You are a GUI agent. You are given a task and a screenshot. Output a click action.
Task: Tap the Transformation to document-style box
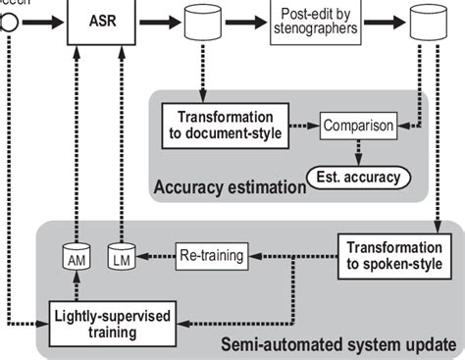225,126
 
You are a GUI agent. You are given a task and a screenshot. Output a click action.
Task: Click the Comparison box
359,127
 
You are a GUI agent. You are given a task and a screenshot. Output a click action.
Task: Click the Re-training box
212,252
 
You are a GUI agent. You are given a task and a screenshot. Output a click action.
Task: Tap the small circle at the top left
6,21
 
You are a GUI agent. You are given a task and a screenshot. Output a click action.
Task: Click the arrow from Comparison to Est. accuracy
359,150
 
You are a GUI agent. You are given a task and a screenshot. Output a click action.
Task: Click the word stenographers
314,30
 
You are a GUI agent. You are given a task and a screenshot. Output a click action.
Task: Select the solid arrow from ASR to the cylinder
157,21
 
